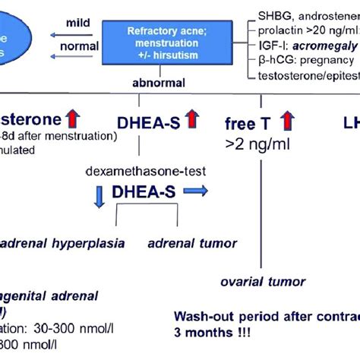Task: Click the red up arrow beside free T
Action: pos(287,121)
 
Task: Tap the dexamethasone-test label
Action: pos(136,171)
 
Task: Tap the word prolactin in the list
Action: pos(278,30)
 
